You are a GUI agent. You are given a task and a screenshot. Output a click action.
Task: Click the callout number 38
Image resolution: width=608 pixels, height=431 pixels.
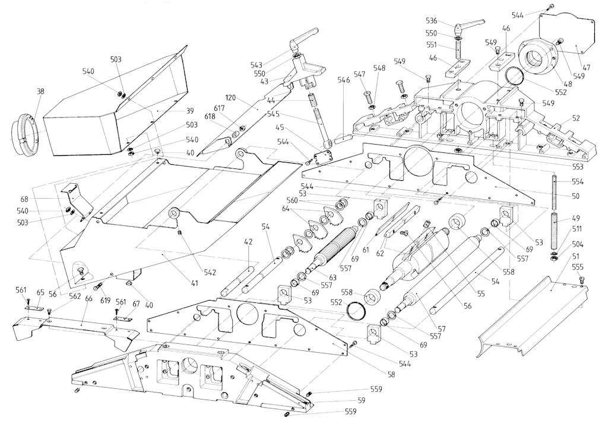coord(40,92)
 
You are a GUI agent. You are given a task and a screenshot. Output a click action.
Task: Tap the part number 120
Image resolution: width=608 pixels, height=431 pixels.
coord(231,97)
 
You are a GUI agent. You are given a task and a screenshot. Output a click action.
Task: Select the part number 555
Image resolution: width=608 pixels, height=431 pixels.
coord(578,267)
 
